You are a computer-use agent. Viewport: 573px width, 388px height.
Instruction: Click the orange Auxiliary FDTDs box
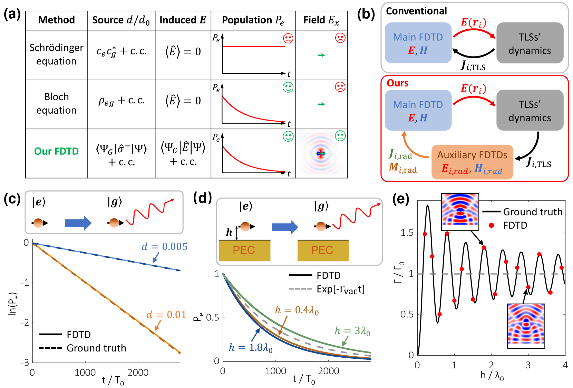click(472, 162)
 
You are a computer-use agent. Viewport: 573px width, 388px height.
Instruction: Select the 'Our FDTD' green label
click(57, 151)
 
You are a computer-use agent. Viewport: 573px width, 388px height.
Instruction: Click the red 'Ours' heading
click(397, 83)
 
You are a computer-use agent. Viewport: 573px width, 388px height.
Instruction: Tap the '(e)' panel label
click(401, 199)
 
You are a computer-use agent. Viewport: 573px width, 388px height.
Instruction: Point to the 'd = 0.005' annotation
click(164, 246)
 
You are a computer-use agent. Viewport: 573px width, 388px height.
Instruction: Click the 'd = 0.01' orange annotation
click(166, 315)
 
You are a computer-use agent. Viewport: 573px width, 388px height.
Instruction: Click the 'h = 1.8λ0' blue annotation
click(251, 347)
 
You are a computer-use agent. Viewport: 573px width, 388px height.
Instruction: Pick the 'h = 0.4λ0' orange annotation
click(297, 310)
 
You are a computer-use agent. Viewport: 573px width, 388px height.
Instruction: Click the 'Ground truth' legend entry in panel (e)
click(532, 212)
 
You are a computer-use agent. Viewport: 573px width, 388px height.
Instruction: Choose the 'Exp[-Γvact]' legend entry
click(340, 289)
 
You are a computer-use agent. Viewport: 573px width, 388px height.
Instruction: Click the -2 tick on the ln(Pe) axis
click(25, 323)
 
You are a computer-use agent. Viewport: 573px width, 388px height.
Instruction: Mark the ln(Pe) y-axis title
click(12, 304)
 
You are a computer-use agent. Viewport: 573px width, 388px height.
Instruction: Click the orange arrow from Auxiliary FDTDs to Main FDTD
click(412, 148)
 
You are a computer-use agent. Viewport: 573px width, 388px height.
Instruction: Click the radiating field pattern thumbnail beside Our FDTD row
click(321, 154)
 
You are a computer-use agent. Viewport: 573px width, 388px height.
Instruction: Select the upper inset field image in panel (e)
click(460, 212)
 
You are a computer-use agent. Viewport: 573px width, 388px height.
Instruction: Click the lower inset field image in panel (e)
click(526, 326)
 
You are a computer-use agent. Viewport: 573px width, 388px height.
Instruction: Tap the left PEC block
click(244, 250)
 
